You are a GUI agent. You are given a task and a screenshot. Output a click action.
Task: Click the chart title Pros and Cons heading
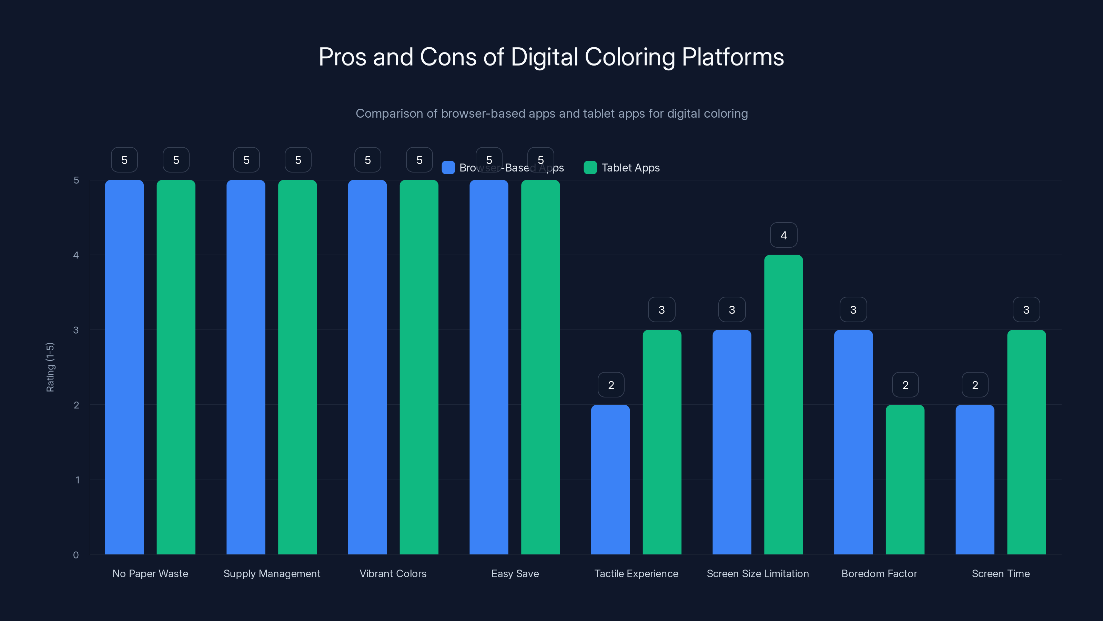click(551, 57)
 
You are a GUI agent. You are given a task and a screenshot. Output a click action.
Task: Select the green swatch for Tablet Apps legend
click(590, 168)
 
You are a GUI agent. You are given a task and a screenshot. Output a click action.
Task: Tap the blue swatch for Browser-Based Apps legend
click(448, 168)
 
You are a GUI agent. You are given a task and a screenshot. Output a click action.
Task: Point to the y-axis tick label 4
click(76, 255)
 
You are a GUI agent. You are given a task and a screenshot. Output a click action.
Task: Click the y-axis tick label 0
click(76, 555)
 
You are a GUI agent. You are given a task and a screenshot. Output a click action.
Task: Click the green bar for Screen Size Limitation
click(783, 405)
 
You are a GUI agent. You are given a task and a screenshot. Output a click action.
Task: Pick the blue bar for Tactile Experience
click(610, 480)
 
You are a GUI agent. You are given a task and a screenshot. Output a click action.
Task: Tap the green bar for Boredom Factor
click(905, 480)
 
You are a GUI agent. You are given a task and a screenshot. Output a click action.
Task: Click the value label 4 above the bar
click(783, 235)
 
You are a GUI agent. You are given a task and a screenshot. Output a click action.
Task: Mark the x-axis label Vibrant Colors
click(393, 573)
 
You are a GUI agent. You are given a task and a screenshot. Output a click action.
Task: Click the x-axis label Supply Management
click(272, 573)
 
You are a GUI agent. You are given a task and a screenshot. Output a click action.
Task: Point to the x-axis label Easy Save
click(515, 573)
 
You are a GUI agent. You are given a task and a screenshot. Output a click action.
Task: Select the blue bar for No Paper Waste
click(124, 367)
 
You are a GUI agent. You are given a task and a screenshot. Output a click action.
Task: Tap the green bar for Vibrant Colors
click(419, 367)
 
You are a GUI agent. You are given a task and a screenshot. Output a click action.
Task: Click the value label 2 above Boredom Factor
click(905, 385)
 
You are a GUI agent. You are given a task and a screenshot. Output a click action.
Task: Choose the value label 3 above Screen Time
click(1026, 310)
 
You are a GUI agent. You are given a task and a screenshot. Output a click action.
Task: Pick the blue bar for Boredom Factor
click(853, 442)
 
